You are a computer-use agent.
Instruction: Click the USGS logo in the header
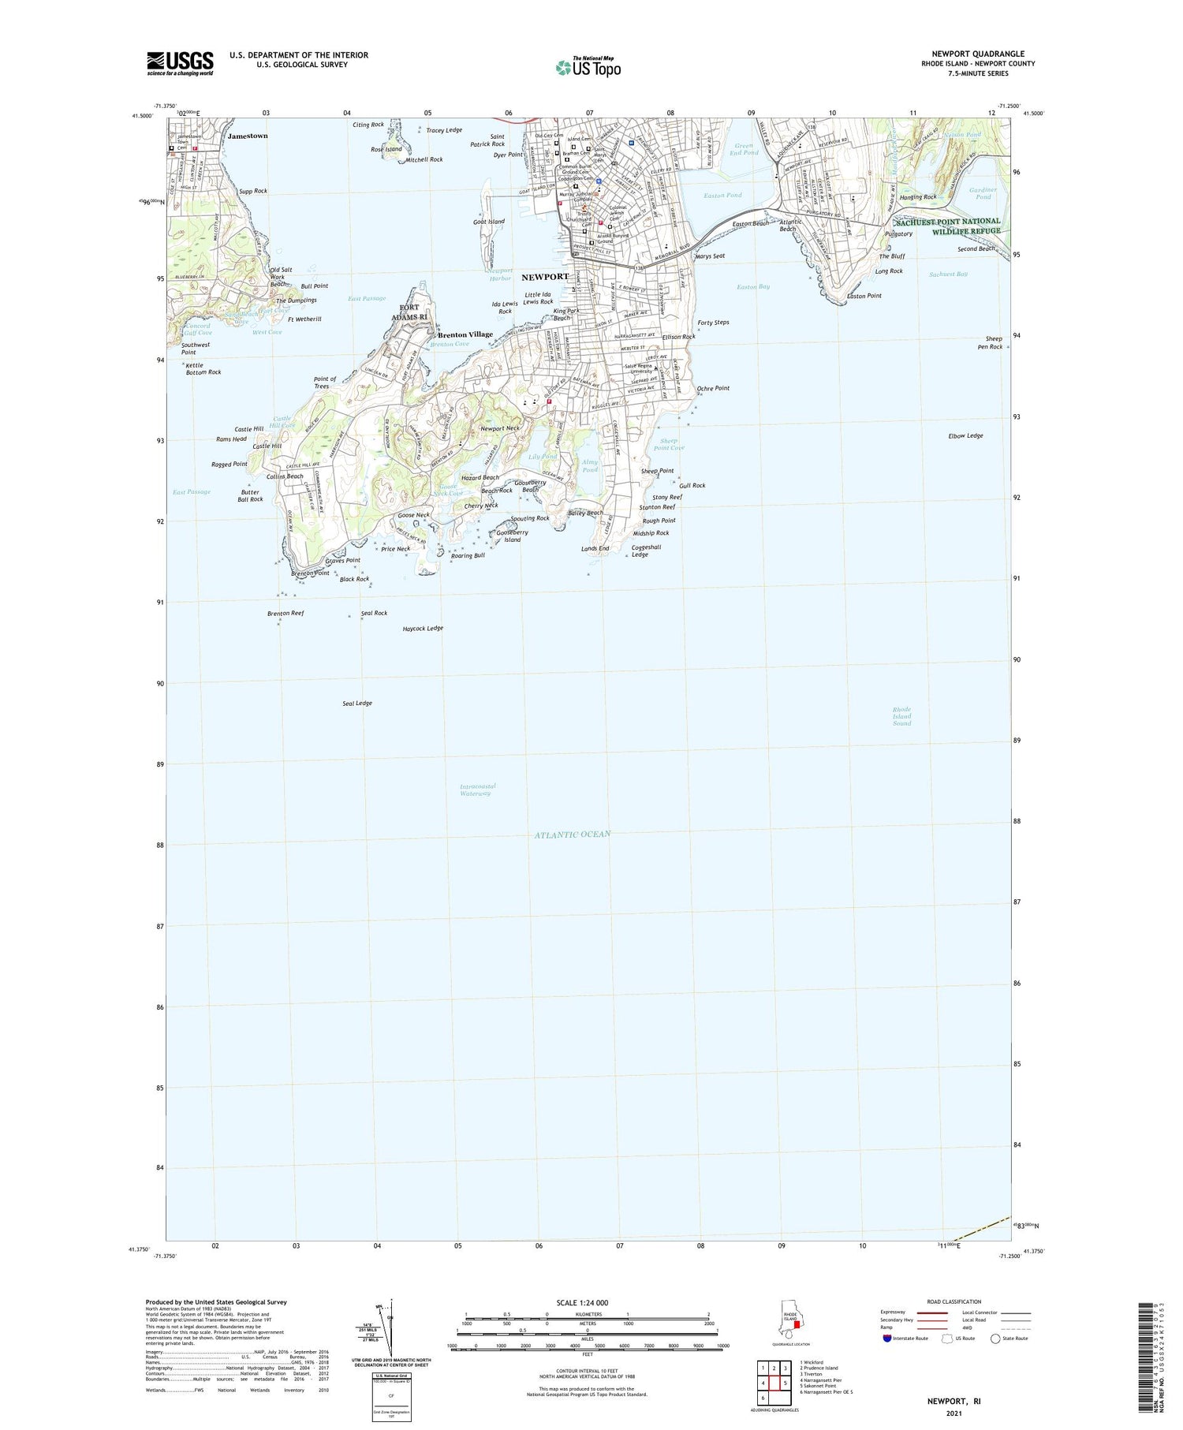(180, 63)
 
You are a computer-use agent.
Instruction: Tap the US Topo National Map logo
(588, 67)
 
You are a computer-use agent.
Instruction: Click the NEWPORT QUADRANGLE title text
(977, 54)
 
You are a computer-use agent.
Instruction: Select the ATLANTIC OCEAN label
(572, 834)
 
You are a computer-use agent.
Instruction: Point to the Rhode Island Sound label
(901, 716)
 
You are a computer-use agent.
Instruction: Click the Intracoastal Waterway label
(477, 790)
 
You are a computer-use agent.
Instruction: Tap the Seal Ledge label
(357, 703)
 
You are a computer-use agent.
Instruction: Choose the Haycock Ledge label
(423, 629)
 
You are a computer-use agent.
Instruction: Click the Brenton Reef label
(285, 613)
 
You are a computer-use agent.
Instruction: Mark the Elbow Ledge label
(965, 435)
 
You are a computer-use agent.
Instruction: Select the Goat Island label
(489, 222)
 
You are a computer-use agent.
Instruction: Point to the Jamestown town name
(248, 136)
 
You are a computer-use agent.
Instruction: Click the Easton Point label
(864, 296)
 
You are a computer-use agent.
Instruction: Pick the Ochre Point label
(713, 388)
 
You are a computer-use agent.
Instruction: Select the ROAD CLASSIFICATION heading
(954, 1301)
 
